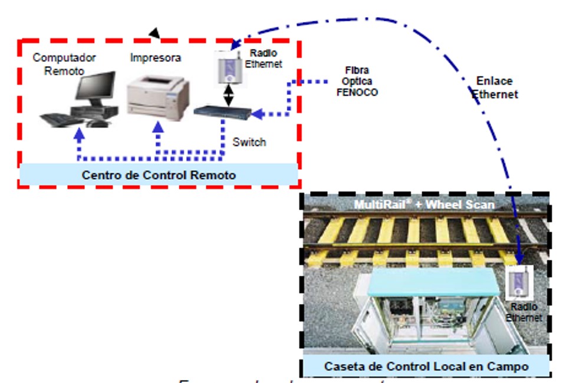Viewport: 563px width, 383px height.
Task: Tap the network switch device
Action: tap(223, 110)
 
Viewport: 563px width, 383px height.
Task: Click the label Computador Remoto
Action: tap(64, 64)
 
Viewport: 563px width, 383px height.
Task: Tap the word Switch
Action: tap(249, 142)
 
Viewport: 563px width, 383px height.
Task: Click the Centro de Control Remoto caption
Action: tap(159, 175)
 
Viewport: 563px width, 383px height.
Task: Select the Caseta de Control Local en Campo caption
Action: tap(426, 367)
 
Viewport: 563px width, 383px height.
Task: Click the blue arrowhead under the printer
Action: tap(158, 126)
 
